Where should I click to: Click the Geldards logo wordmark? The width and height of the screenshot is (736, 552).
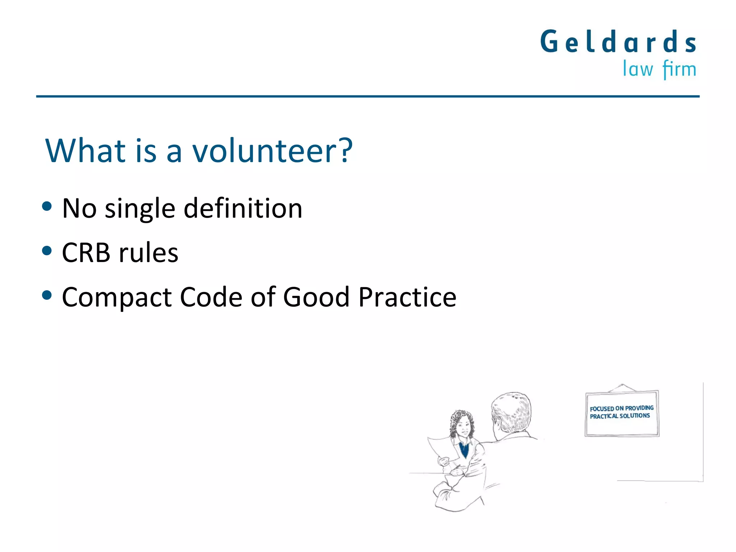click(618, 42)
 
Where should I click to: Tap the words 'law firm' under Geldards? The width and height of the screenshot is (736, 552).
click(659, 69)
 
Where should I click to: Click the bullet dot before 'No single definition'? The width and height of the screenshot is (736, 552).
click(47, 206)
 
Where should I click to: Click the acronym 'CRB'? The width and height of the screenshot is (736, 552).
click(86, 253)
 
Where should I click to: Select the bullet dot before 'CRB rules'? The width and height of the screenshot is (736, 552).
click(47, 250)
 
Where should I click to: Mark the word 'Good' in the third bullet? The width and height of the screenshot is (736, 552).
click(316, 297)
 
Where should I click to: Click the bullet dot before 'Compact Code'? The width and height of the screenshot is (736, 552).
click(47, 295)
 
